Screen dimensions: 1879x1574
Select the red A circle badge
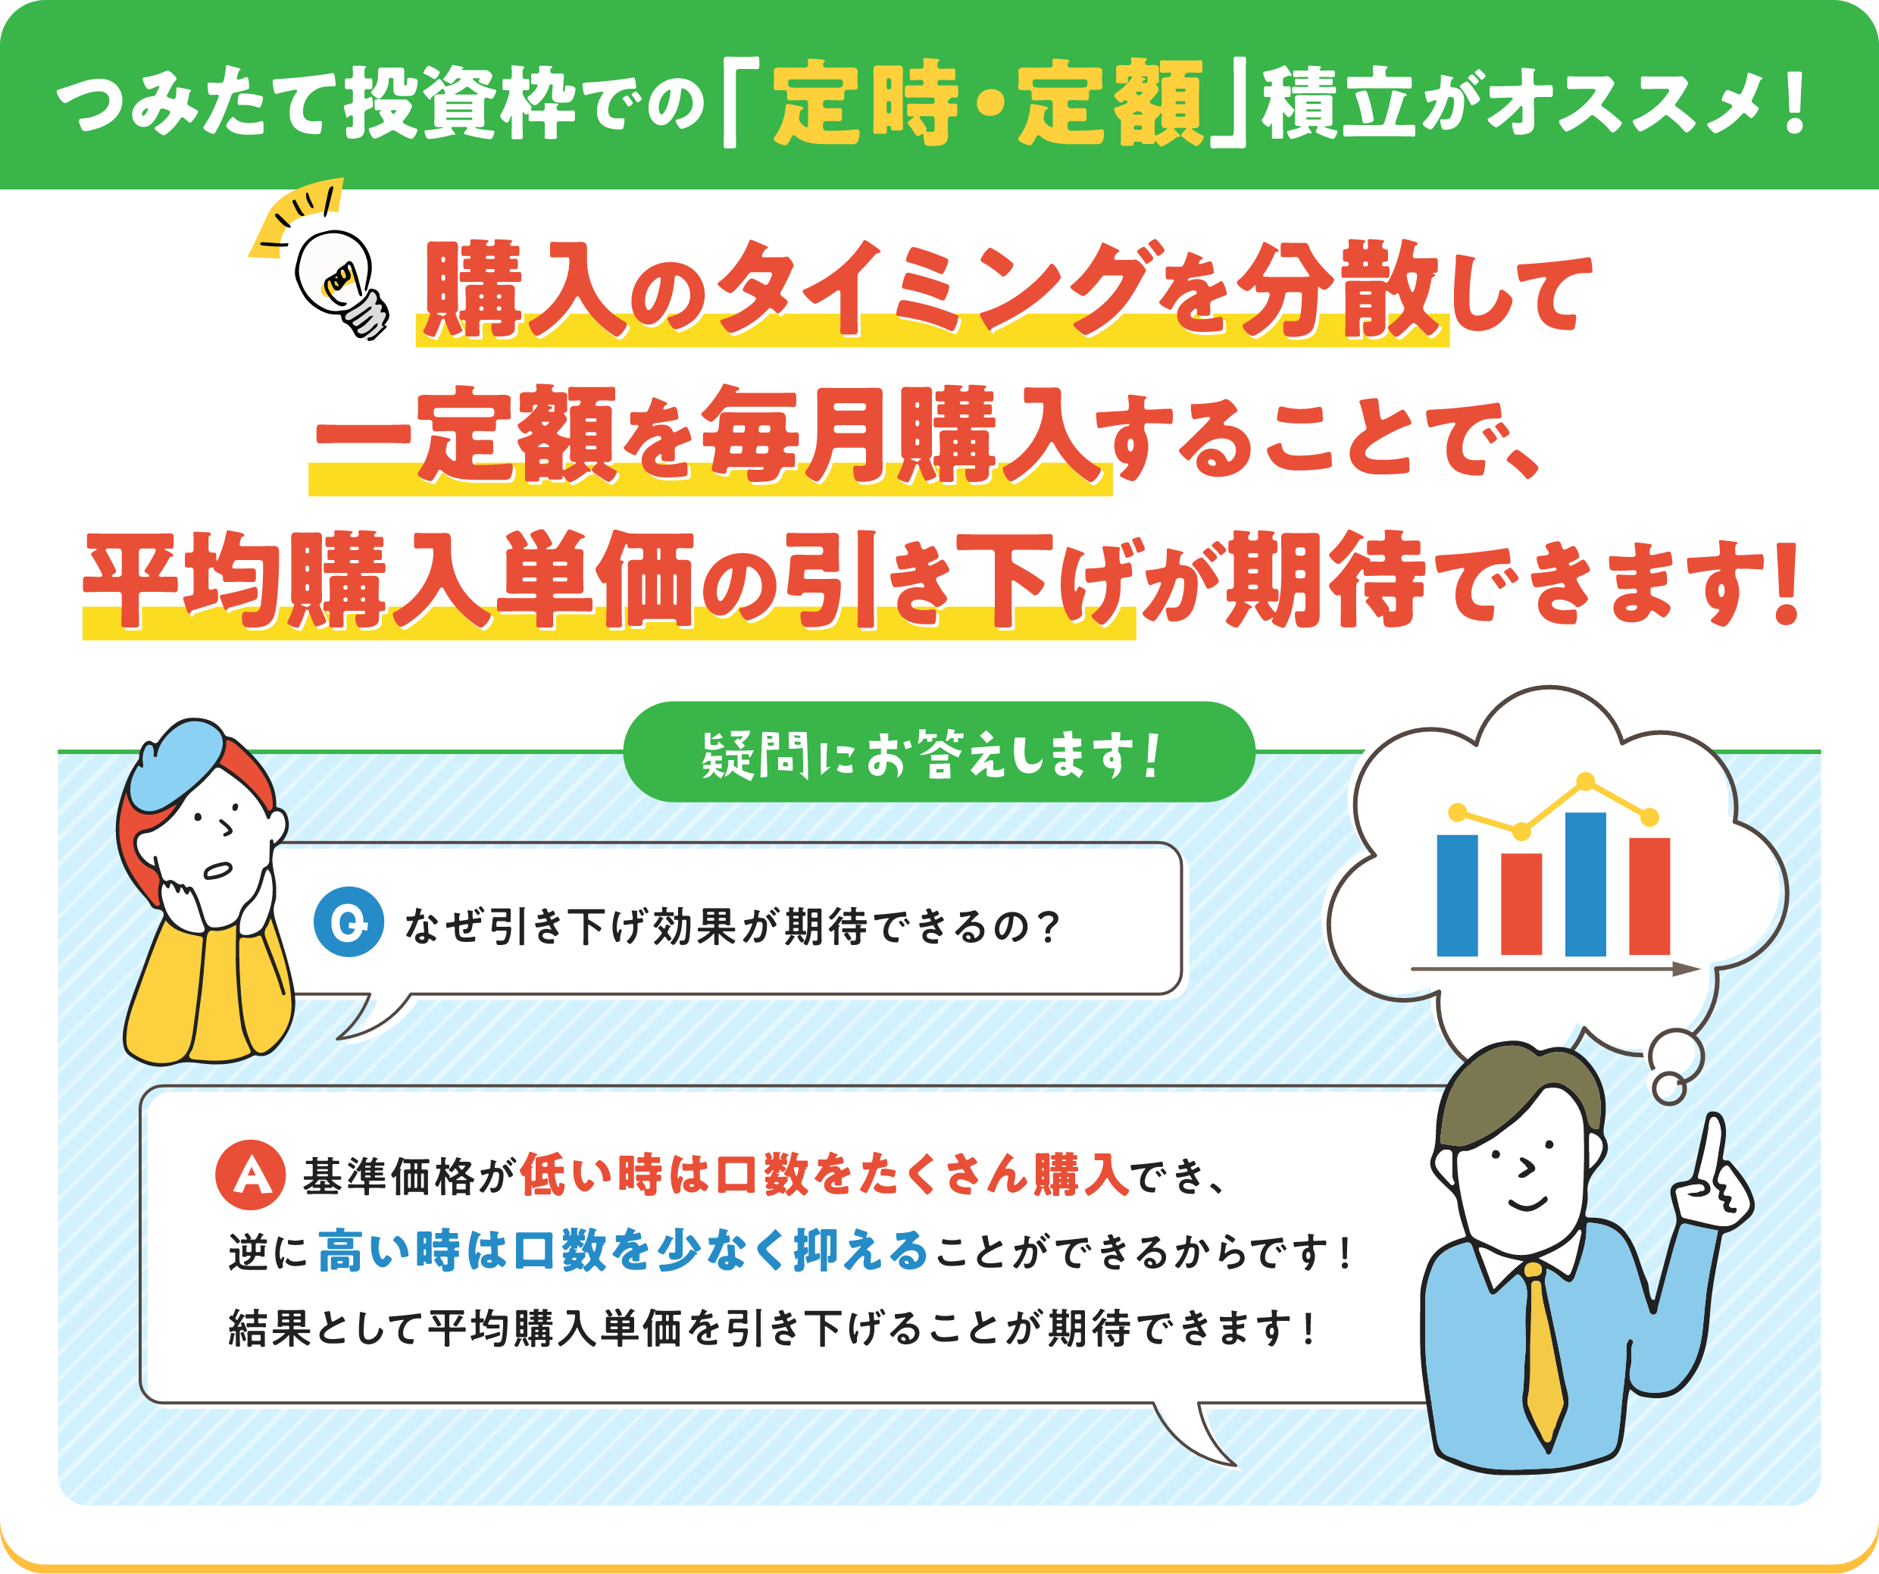pos(251,1174)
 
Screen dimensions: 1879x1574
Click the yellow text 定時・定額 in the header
pos(988,103)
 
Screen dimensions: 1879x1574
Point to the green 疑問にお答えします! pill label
pos(939,752)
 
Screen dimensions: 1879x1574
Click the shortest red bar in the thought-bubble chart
pos(1521,904)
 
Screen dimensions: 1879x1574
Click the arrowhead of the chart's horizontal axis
pos(1687,968)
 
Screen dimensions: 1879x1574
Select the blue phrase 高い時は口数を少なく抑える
pos(623,1250)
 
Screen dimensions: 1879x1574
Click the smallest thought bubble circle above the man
pos(1668,1088)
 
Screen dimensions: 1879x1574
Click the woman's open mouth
pos(218,870)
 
